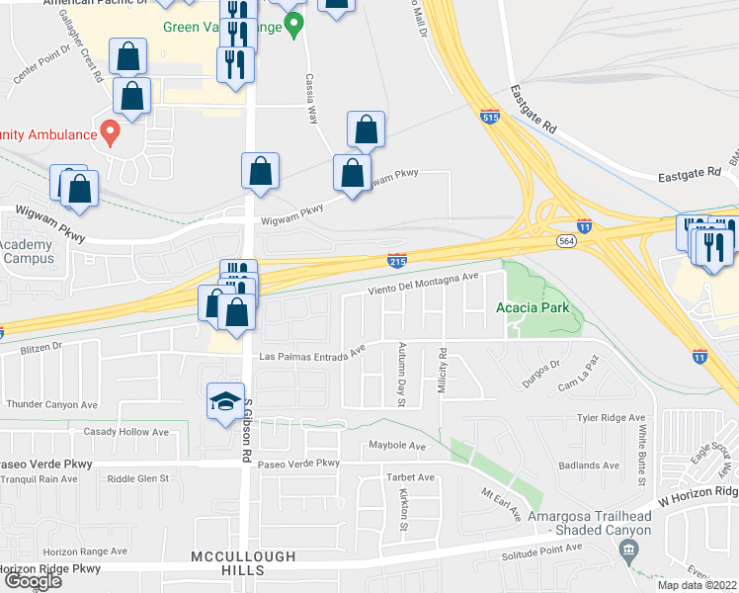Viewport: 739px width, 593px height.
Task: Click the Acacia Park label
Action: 532,308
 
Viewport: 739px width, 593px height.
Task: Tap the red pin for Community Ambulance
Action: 111,132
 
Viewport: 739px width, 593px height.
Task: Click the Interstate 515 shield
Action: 491,117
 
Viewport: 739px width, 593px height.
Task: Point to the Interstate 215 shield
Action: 395,260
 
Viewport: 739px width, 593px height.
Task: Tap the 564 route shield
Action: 565,240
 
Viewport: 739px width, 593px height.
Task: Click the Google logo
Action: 33,581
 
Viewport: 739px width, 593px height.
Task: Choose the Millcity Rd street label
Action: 442,371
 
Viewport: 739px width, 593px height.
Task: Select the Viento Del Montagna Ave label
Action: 423,284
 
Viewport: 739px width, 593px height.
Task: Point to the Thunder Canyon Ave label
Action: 51,404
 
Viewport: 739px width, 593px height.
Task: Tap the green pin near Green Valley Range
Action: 292,27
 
